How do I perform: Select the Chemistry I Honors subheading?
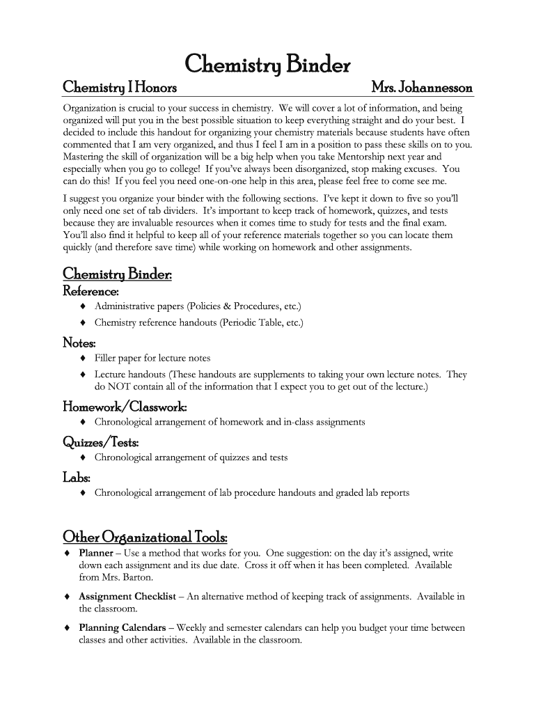[x=119, y=88]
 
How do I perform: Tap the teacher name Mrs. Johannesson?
[x=422, y=88]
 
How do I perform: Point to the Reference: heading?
[x=90, y=290]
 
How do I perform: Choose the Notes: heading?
[x=79, y=343]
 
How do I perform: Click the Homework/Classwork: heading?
[x=125, y=407]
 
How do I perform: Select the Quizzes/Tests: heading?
[x=101, y=442]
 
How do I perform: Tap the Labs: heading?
[x=77, y=477]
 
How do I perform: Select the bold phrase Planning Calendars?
[x=123, y=628]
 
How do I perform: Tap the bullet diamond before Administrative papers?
[x=83, y=306]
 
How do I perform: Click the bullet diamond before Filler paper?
[x=83, y=359]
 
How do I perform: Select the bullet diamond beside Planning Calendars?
[x=67, y=628]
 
